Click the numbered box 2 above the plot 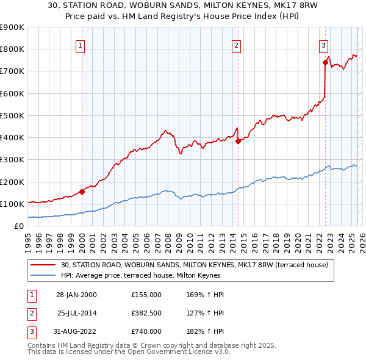(236, 45)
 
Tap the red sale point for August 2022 (325, 62)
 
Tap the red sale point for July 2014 (238, 141)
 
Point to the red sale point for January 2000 (82, 192)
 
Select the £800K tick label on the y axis (12, 49)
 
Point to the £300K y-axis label (12, 160)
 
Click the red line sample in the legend (44, 265)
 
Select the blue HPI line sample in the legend (44, 275)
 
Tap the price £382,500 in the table (146, 313)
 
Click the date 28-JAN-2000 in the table (76, 295)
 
